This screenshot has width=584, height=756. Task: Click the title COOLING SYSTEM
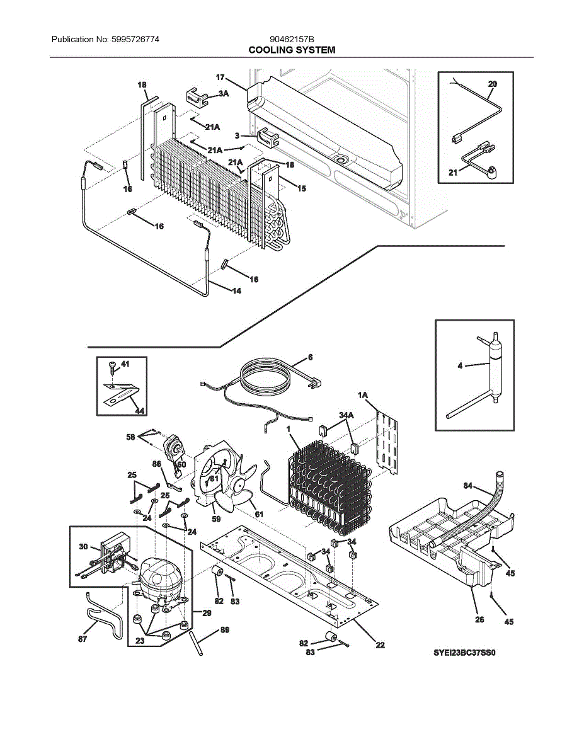292,50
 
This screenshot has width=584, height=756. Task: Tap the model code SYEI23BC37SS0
465,653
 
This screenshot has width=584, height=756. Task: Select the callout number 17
220,77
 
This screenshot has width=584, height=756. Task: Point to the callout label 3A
224,93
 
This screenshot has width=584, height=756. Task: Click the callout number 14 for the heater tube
236,291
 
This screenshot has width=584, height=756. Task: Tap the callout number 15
302,188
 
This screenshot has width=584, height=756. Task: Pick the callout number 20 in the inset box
493,84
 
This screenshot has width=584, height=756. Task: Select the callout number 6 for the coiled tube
310,357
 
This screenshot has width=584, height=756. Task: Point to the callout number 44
140,410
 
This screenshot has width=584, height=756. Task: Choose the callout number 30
83,547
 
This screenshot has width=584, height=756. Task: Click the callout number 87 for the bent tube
83,639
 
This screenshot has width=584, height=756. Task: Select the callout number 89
225,630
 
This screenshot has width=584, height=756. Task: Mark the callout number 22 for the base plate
381,644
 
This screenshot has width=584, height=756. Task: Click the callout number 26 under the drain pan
480,619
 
